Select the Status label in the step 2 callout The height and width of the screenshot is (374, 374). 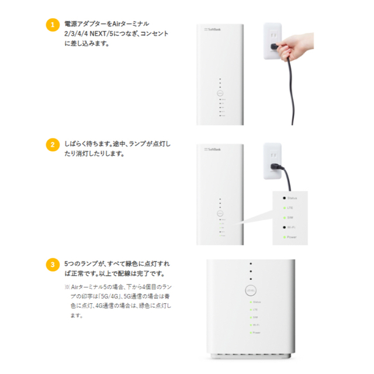point(292,198)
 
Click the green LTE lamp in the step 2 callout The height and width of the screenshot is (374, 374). point(283,207)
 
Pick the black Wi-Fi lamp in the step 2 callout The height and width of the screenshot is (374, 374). point(283,227)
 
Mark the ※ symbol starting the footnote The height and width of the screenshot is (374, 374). point(67,287)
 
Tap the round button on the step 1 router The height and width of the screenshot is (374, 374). point(220,93)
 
